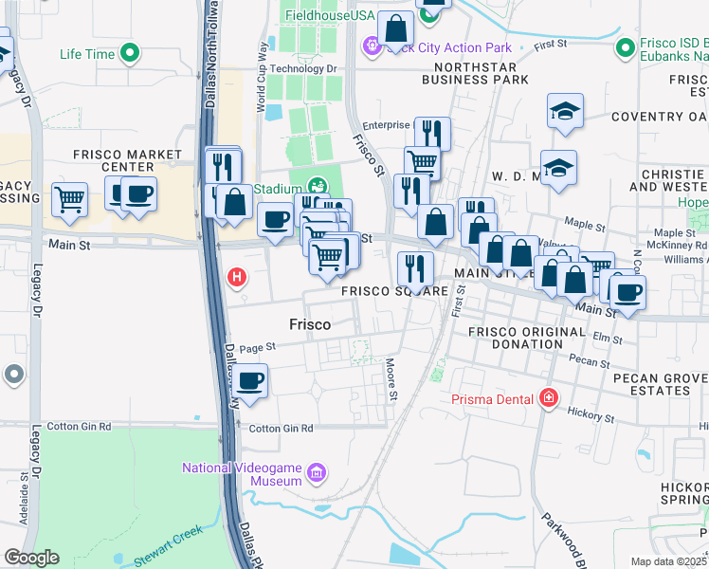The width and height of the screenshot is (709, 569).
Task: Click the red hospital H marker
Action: (237, 278)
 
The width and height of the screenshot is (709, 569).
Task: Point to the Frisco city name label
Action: (310, 324)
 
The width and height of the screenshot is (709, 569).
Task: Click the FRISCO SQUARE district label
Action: (395, 291)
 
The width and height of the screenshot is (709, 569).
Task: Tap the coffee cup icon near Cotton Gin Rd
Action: (250, 382)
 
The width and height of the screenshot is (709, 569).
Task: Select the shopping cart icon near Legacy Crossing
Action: (70, 199)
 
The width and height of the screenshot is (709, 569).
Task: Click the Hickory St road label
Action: (592, 416)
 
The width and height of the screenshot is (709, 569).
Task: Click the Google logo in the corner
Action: (31, 558)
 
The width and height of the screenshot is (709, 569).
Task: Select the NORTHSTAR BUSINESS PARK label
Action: (481, 74)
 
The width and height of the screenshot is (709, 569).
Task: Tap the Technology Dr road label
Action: (303, 68)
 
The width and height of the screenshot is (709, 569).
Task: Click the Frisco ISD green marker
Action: (625, 46)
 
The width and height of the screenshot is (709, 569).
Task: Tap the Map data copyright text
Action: (669, 561)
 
